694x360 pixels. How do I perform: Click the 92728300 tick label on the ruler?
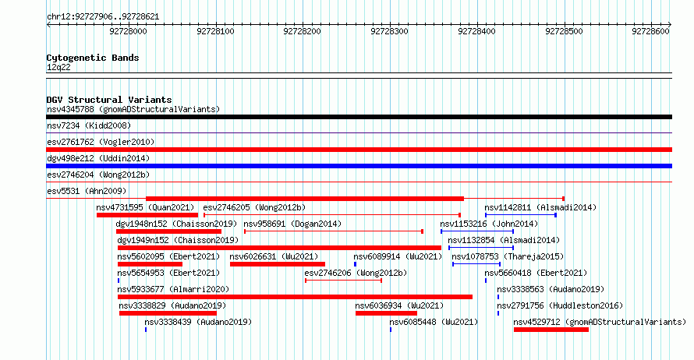pyautogui.click(x=389, y=31)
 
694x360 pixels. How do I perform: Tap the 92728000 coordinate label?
pyautogui.click(x=128, y=31)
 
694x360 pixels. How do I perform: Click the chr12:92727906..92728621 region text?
pyautogui.click(x=103, y=17)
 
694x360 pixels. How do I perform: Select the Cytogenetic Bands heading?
pyautogui.click(x=93, y=58)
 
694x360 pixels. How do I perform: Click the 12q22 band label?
pyautogui.click(x=58, y=67)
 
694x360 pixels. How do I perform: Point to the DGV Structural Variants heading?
pyautogui.click(x=109, y=100)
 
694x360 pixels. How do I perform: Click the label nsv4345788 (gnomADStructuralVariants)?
pyautogui.click(x=133, y=109)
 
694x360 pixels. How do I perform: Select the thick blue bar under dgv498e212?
pyautogui.click(x=359, y=166)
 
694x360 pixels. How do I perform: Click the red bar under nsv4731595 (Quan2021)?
pyautogui.click(x=147, y=215)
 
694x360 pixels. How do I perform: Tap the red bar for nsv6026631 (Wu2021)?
pyautogui.click(x=278, y=264)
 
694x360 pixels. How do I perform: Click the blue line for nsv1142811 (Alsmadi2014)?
pyautogui.click(x=521, y=215)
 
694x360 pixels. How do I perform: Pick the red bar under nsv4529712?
pyautogui.click(x=551, y=330)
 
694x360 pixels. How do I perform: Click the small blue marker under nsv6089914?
pyautogui.click(x=355, y=264)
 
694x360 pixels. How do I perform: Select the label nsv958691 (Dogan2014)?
pyautogui.click(x=292, y=224)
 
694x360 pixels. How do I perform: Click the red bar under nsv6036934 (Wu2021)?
pyautogui.click(x=387, y=313)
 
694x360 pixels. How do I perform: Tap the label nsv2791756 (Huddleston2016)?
pyautogui.click(x=560, y=305)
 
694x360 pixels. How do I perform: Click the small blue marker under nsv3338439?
pyautogui.click(x=146, y=330)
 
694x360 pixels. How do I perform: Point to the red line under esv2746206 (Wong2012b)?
pyautogui.click(x=343, y=281)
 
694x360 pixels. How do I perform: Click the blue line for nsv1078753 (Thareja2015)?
pyautogui.click(x=476, y=264)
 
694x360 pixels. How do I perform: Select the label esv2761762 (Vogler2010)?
pyautogui.click(x=101, y=142)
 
